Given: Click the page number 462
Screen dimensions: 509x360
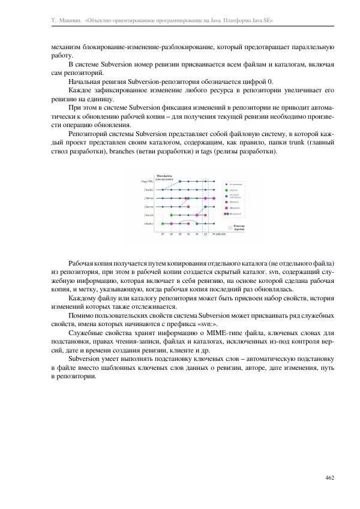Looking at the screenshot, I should (329, 478).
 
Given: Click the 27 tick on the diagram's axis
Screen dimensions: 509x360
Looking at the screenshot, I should (163, 234).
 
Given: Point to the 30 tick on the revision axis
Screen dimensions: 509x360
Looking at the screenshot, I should (188, 234).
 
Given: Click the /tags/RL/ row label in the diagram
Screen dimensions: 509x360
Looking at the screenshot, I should (148, 180).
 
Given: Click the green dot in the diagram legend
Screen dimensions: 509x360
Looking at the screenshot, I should (224, 190).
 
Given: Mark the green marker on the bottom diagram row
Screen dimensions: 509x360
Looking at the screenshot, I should (163, 224).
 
